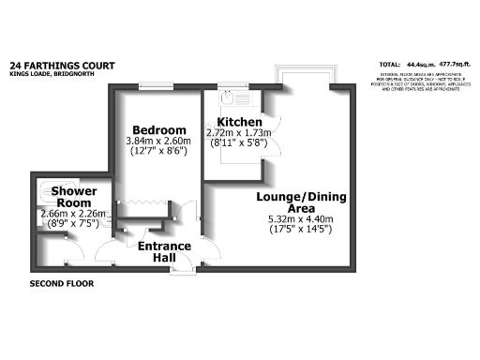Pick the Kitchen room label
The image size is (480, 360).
coord(239,123)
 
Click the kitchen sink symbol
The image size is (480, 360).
coord(229,96)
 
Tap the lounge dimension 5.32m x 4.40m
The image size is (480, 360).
coord(293,218)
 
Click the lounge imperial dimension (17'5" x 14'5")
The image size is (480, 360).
coord(293,229)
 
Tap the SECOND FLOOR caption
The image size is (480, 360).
coord(62,283)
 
